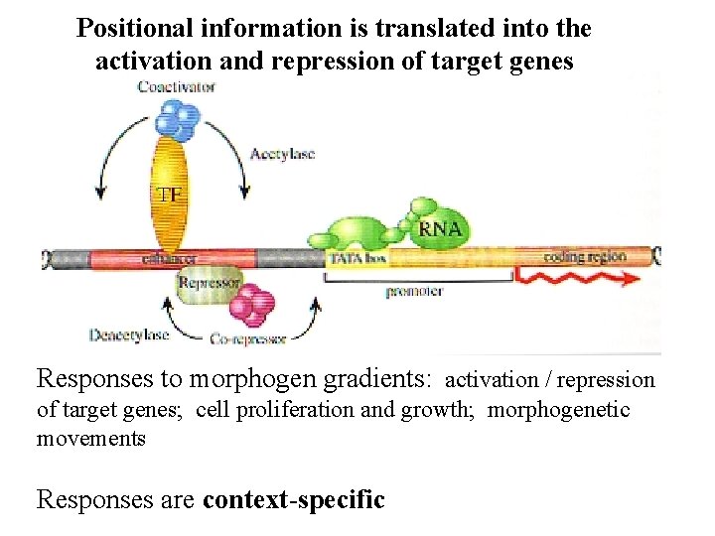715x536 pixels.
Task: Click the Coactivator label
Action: click(x=176, y=86)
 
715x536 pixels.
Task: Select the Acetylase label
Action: click(x=282, y=154)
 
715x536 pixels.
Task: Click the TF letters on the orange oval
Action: click(x=169, y=195)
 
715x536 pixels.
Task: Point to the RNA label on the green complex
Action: click(x=440, y=229)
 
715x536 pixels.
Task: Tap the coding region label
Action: click(x=585, y=257)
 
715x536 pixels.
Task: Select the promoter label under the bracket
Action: click(x=413, y=292)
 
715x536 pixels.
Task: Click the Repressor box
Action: click(x=209, y=283)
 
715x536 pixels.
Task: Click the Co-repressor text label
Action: click(x=248, y=339)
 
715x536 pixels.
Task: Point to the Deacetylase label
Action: click(x=129, y=335)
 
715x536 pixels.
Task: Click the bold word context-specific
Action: click(x=293, y=498)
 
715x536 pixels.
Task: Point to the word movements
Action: click(x=91, y=438)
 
